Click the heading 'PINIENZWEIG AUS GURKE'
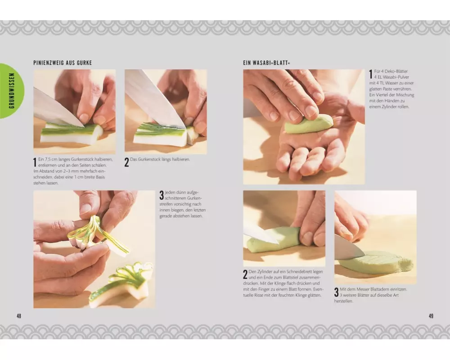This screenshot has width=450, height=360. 63,63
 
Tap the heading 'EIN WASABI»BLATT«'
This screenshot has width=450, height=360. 266,63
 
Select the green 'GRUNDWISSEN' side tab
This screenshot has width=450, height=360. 12,91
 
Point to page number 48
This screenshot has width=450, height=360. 19,316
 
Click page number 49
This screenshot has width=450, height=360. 431,316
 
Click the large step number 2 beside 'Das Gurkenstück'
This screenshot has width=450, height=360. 126,162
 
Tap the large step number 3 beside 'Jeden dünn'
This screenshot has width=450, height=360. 162,195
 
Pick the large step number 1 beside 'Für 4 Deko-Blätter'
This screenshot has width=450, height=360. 371,74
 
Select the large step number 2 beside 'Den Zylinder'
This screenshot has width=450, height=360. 245,274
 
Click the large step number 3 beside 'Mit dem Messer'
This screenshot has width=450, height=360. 336,292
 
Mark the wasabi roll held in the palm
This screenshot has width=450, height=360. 309,124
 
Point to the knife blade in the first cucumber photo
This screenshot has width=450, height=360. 58,108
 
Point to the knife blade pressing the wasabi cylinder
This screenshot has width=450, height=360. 261,234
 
